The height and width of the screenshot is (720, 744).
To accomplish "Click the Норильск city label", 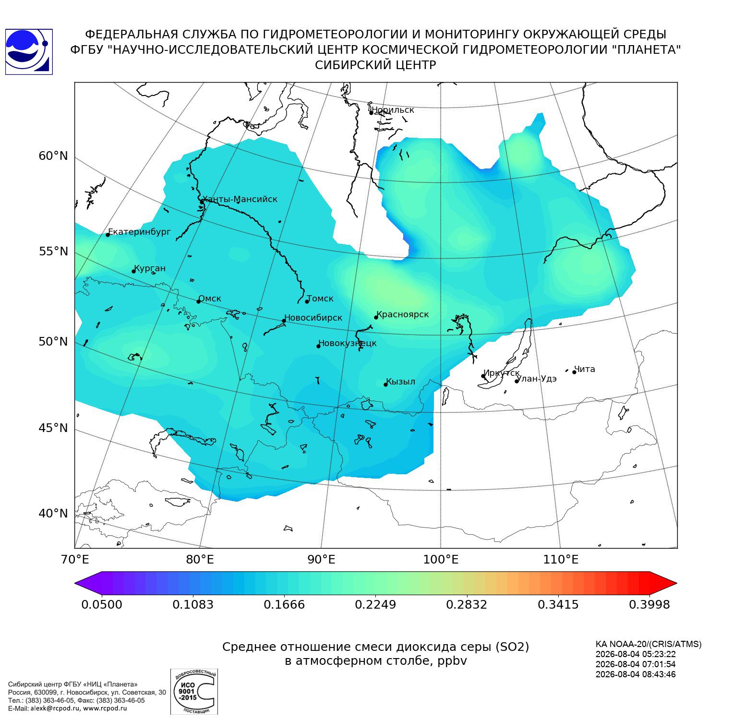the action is pos(393,110).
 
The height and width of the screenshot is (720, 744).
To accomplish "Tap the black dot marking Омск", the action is pos(198,301).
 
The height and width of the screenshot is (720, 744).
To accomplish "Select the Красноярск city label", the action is pos(403,314).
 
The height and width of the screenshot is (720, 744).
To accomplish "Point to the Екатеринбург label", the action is pos(139,232).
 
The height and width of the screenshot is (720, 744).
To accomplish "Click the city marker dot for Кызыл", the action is pos(385,384).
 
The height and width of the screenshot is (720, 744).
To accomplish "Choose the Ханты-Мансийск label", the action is pos(240,199).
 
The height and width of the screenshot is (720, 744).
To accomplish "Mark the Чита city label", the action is pos(585,369).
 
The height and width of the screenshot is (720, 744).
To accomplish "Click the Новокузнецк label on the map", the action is pos(348,343).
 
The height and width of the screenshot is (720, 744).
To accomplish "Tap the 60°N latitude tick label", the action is pos(53,156).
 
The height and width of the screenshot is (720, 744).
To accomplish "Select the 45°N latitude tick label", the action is pos(53,428).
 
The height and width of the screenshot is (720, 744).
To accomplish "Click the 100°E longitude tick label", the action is pos(440,559).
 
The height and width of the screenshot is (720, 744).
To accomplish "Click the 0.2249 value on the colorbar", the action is pos(375,604).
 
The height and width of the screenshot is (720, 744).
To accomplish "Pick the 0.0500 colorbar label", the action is pos(102,604).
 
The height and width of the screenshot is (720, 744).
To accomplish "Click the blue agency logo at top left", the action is pos(29,52).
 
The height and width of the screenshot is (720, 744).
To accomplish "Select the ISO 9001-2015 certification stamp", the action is pos(194,692).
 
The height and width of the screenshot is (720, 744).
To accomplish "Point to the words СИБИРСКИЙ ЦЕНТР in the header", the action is pos(375,65).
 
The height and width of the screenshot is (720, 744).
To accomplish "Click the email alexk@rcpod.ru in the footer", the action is pos(58,708).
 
